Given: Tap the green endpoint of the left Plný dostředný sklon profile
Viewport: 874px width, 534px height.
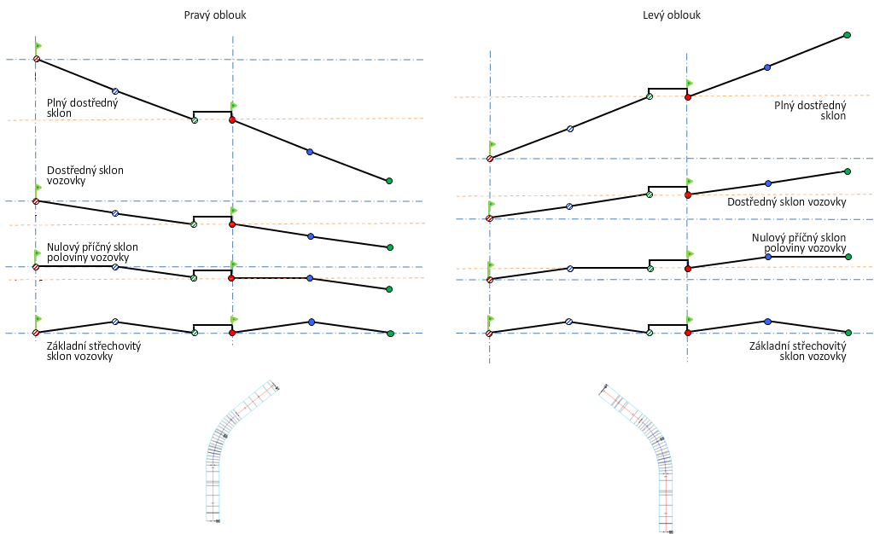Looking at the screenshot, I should [x=389, y=181].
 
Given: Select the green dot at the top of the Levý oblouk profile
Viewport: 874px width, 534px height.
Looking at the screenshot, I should [x=847, y=35].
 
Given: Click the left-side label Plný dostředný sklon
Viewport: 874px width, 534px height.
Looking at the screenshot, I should [x=83, y=107].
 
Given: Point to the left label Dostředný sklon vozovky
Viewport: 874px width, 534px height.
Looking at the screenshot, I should [x=85, y=176].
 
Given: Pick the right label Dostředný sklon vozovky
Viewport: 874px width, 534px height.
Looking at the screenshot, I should [x=786, y=202].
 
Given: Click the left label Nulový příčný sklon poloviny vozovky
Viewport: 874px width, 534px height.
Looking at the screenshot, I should [x=92, y=252].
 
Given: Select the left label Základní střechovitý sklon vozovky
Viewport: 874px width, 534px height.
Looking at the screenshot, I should [x=94, y=351].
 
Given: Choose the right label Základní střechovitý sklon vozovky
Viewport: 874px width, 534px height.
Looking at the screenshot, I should [x=797, y=351].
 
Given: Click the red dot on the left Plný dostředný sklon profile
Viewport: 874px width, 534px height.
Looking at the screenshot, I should [x=232, y=120].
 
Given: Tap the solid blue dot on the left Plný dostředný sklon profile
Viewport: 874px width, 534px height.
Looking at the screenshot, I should [x=310, y=152].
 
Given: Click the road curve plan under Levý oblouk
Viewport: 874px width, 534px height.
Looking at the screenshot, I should [x=644, y=452].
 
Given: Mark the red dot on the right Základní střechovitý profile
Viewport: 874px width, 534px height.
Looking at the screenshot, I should [x=688, y=333].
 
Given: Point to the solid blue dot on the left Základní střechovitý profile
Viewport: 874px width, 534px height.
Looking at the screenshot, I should [x=311, y=322].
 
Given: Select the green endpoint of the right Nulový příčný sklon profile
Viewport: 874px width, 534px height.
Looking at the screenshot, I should [x=847, y=256].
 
